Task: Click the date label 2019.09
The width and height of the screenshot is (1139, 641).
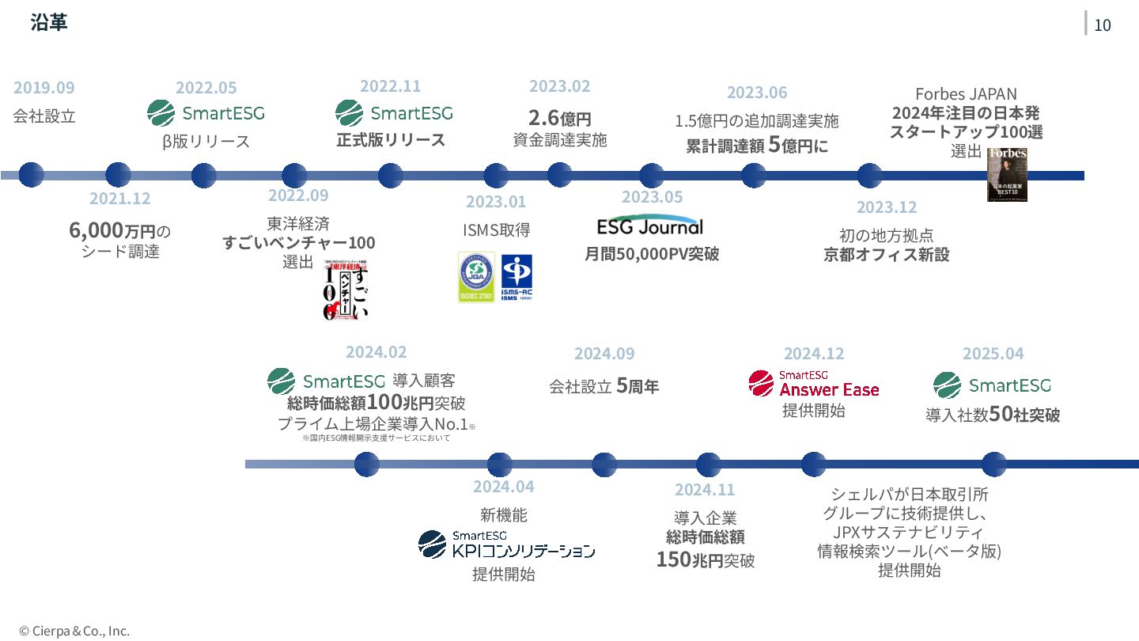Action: (44, 88)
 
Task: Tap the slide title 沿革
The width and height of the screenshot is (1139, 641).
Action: (49, 23)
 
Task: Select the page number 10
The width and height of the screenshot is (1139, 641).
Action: (1102, 25)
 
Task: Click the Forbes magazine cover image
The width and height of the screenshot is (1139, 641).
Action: (1007, 174)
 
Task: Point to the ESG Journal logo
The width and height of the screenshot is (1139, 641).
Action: (649, 226)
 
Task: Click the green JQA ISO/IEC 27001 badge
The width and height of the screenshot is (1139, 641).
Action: (476, 277)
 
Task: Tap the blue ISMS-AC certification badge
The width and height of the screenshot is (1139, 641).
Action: (517, 277)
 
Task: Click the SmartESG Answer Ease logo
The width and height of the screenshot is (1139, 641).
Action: (814, 384)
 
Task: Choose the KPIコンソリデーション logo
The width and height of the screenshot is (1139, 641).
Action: (507, 544)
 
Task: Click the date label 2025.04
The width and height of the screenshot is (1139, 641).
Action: (993, 354)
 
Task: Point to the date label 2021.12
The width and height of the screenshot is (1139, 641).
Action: (119, 199)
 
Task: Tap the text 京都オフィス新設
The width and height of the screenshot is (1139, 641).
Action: (886, 255)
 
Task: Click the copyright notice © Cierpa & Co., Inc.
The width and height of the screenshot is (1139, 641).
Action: (74, 631)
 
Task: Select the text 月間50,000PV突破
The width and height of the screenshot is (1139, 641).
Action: (652, 254)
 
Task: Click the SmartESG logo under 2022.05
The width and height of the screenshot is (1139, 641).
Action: (206, 113)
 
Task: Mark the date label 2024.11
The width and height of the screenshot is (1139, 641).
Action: (704, 490)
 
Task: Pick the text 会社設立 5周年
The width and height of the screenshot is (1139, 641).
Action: (604, 387)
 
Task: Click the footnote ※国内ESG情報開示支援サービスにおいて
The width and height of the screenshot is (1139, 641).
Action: (376, 438)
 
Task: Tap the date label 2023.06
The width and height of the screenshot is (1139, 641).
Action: (757, 93)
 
